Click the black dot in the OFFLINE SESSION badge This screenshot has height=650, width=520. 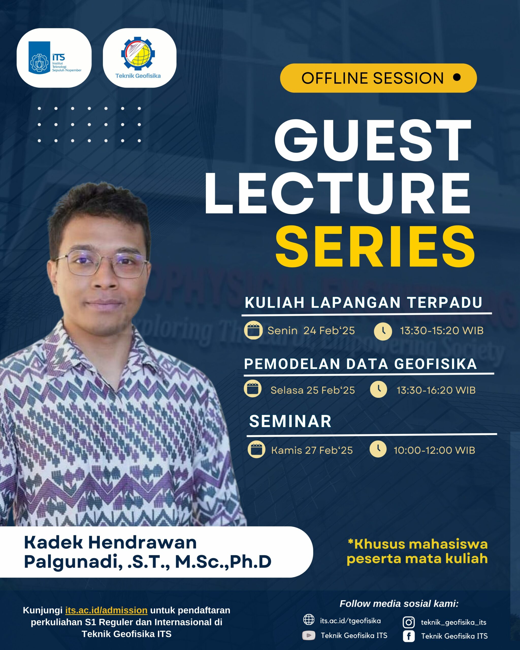pyautogui.click(x=457, y=77)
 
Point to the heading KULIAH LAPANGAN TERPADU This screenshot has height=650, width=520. pyautogui.click(x=363, y=303)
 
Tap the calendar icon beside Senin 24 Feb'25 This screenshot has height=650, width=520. pyautogui.click(x=253, y=330)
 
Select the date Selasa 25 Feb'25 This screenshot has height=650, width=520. pyautogui.click(x=312, y=390)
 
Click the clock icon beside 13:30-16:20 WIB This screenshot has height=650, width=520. pyautogui.click(x=378, y=389)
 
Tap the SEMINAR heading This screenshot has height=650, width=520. pyautogui.click(x=290, y=421)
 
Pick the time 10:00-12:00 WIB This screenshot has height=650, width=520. pyautogui.click(x=434, y=450)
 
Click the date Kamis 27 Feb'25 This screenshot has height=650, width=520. pyautogui.click(x=312, y=450)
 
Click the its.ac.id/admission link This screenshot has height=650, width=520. pyautogui.click(x=106, y=610)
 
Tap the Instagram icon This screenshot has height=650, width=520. pyautogui.click(x=409, y=622)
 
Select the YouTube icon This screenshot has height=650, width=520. pyautogui.click(x=308, y=635)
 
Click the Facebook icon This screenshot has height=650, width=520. pyautogui.click(x=409, y=636)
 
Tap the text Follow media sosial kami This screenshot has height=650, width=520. pyautogui.click(x=399, y=604)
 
